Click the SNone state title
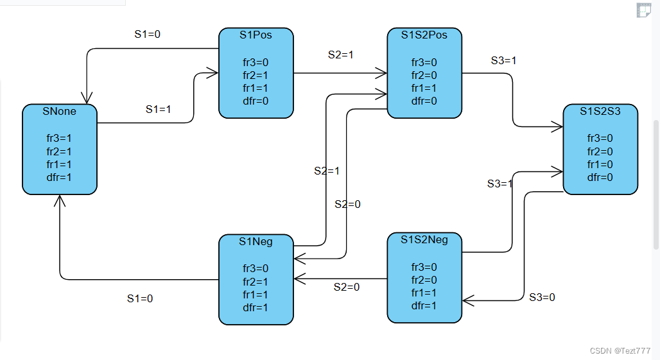(x=60, y=112)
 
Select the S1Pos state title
(x=256, y=35)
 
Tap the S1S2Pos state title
(x=424, y=35)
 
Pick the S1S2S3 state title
(x=600, y=112)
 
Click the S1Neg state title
(x=256, y=242)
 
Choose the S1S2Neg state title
(x=424, y=240)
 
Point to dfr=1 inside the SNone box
(x=60, y=178)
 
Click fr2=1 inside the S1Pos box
(x=256, y=75)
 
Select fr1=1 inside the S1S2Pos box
(x=424, y=88)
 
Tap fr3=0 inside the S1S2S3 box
(x=600, y=138)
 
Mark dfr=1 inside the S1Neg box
(x=256, y=307)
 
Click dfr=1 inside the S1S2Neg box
(x=424, y=305)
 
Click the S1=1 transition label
(x=158, y=110)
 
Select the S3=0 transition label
(x=542, y=297)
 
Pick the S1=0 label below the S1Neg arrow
(x=140, y=298)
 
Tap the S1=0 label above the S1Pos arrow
(x=147, y=35)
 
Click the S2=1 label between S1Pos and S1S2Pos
(x=341, y=55)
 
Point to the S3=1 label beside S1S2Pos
(x=503, y=61)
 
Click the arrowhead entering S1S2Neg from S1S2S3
(x=467, y=300)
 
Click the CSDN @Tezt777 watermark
(x=620, y=351)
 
